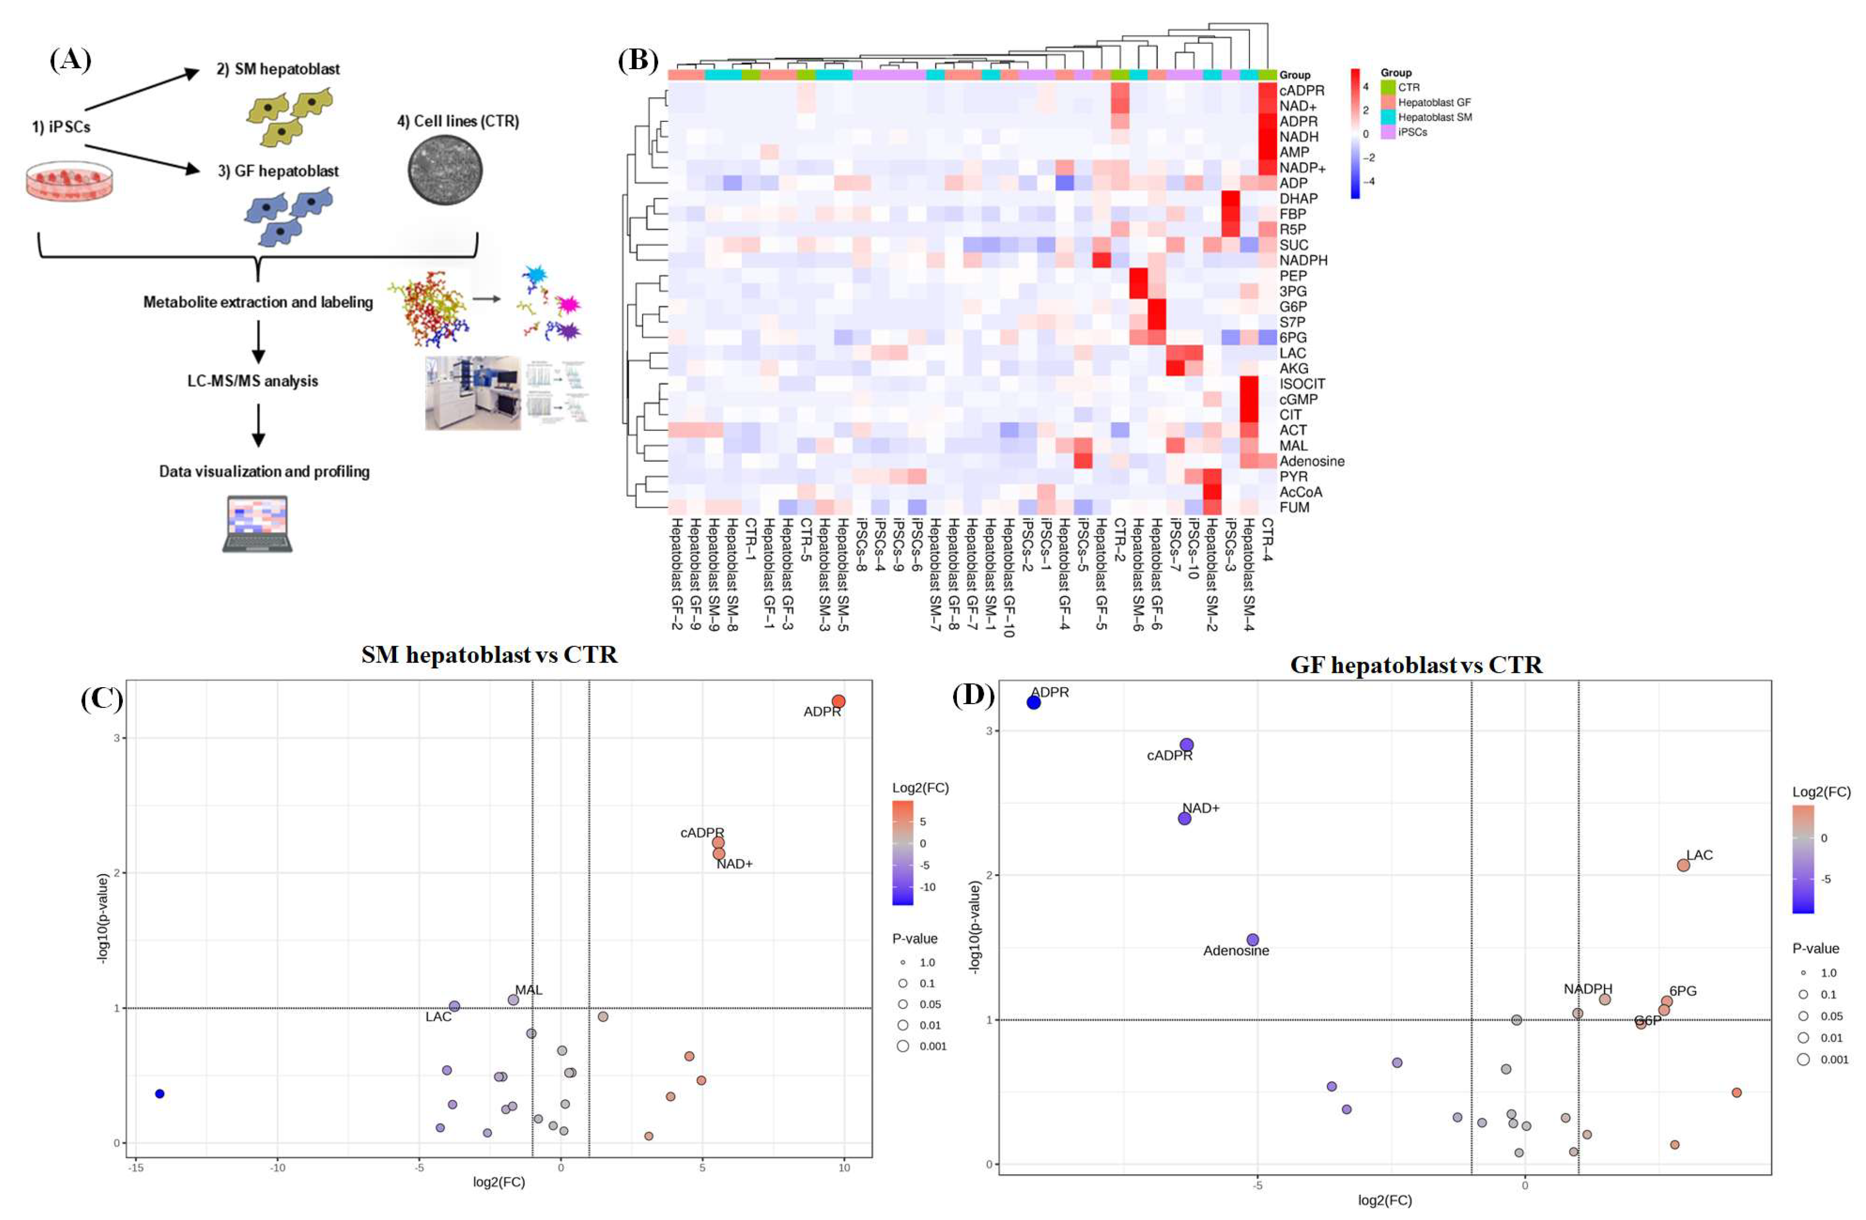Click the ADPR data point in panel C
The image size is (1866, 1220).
(838, 702)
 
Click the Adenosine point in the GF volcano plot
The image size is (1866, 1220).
(1253, 939)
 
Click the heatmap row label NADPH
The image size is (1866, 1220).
(1303, 260)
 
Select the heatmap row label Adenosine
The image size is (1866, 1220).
(1312, 461)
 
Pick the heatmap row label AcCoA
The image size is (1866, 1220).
(1301, 492)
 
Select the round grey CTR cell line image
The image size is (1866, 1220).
(445, 170)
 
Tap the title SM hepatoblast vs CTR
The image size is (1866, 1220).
(489, 655)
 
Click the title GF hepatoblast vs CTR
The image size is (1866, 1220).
(1416, 665)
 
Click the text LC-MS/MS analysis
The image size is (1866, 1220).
(252, 381)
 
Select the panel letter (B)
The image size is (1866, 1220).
(638, 60)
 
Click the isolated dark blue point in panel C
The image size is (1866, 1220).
(160, 1094)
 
